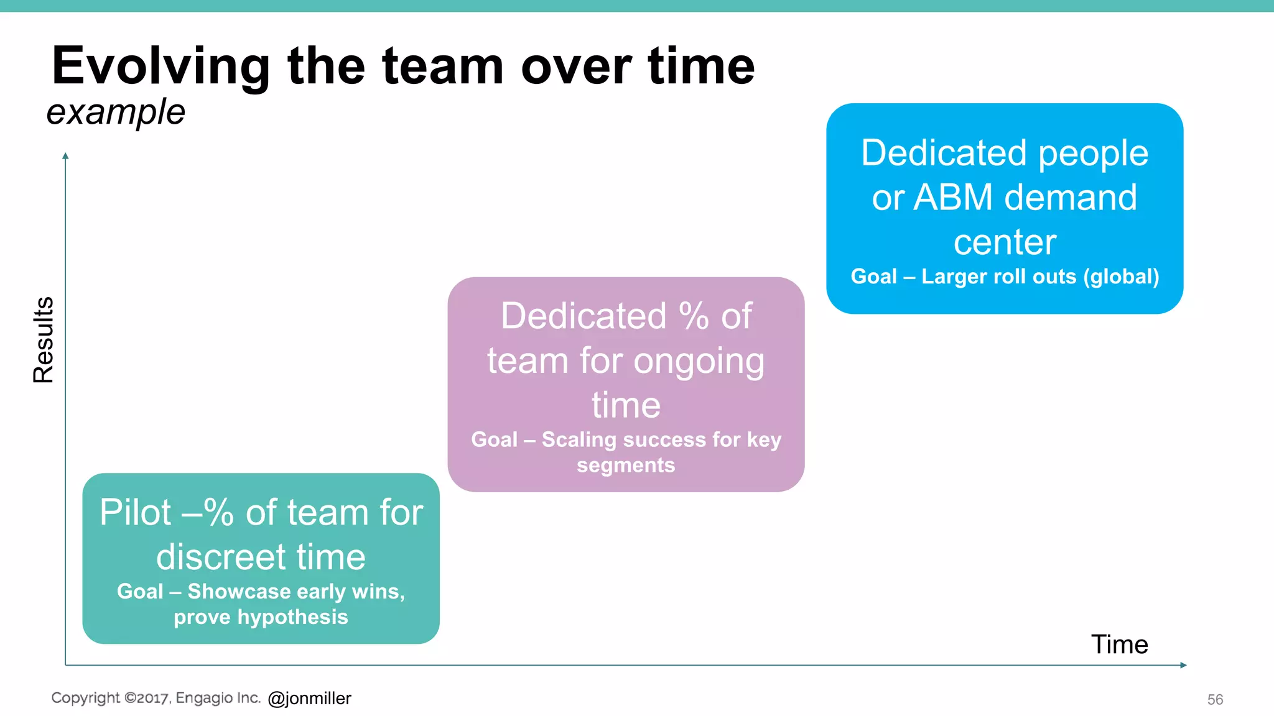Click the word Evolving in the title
tap(160, 67)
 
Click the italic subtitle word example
tap(116, 112)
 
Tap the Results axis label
tap(44, 340)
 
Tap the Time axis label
tap(1119, 645)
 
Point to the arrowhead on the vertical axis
tap(65, 156)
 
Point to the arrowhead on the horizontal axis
tap(1183, 665)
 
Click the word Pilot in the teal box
tap(135, 513)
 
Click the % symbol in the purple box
tap(694, 316)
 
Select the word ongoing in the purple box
tap(699, 361)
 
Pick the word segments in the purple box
tap(626, 466)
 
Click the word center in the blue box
tap(1005, 242)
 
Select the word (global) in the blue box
tap(1121, 277)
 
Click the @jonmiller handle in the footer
tap(309, 699)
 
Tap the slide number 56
tap(1215, 700)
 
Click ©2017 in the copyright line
tap(147, 698)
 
